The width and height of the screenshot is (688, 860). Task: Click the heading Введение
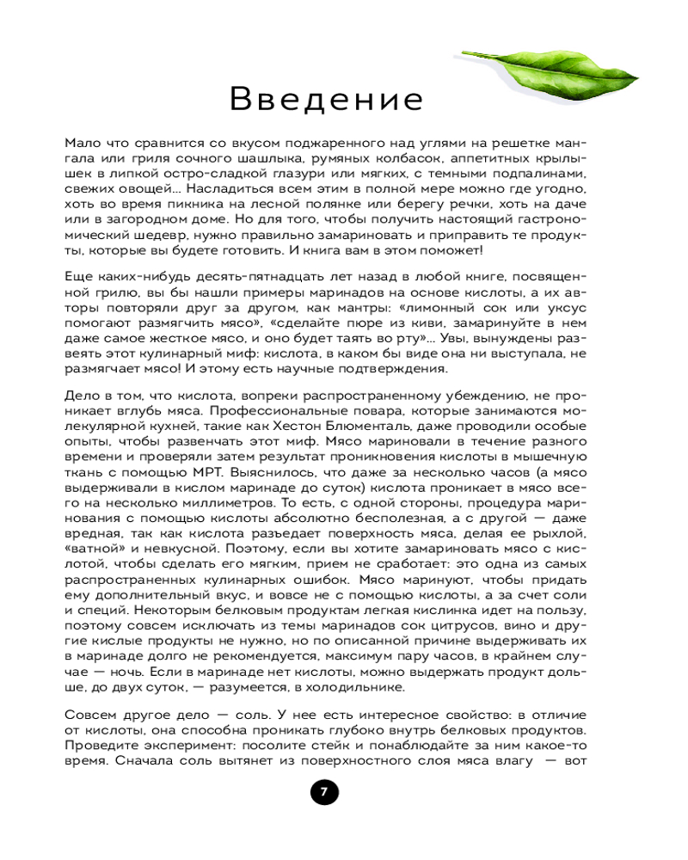pos(327,100)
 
